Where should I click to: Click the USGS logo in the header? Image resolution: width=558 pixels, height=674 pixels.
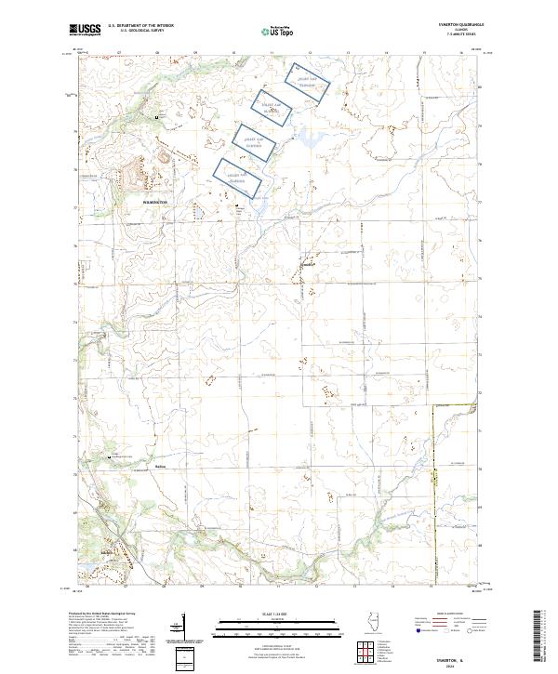pos(85,31)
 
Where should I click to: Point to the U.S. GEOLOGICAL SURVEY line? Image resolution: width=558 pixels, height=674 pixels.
pos(142,32)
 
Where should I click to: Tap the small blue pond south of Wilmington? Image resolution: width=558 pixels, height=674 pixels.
pos(199,212)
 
